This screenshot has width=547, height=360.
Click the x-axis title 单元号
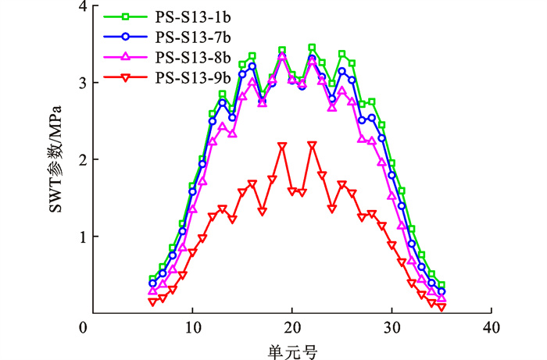tap(292, 350)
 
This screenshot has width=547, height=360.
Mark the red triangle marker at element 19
tap(282, 146)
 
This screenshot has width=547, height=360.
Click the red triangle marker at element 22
tap(312, 145)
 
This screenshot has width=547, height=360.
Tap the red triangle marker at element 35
tap(442, 307)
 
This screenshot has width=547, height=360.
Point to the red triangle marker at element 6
tap(153, 301)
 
